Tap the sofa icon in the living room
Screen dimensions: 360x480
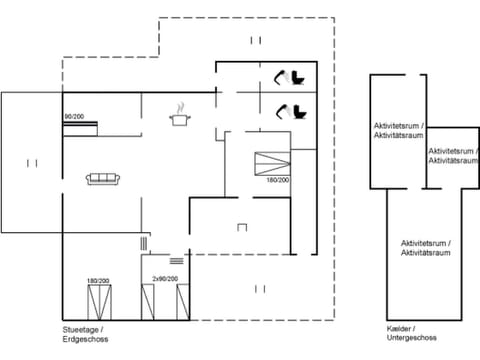(103, 178)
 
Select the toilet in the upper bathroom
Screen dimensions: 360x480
(299, 77)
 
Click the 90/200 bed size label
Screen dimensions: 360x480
(74, 117)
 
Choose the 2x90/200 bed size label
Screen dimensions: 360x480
(165, 279)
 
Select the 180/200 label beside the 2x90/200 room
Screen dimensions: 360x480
(97, 281)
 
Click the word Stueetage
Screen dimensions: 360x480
(81, 329)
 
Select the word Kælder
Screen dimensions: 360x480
(399, 329)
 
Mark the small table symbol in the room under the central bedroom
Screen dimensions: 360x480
(241, 228)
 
